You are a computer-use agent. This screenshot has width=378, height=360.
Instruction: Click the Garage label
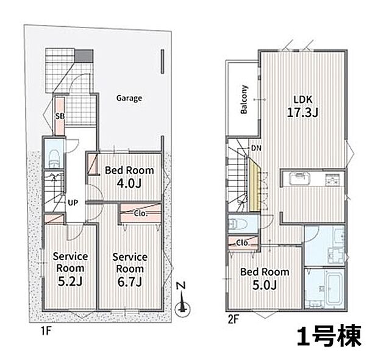click(x=129, y=97)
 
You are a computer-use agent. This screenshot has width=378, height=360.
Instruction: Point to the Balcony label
click(x=243, y=99)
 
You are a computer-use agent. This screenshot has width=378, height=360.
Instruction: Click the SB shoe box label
click(x=60, y=115)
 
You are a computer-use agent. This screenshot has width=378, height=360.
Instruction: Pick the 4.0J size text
click(x=129, y=183)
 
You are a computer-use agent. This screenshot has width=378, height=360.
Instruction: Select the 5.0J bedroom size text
click(x=263, y=285)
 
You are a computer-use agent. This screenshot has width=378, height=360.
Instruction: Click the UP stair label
click(x=72, y=202)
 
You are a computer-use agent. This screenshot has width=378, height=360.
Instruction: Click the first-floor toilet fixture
click(x=53, y=157)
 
